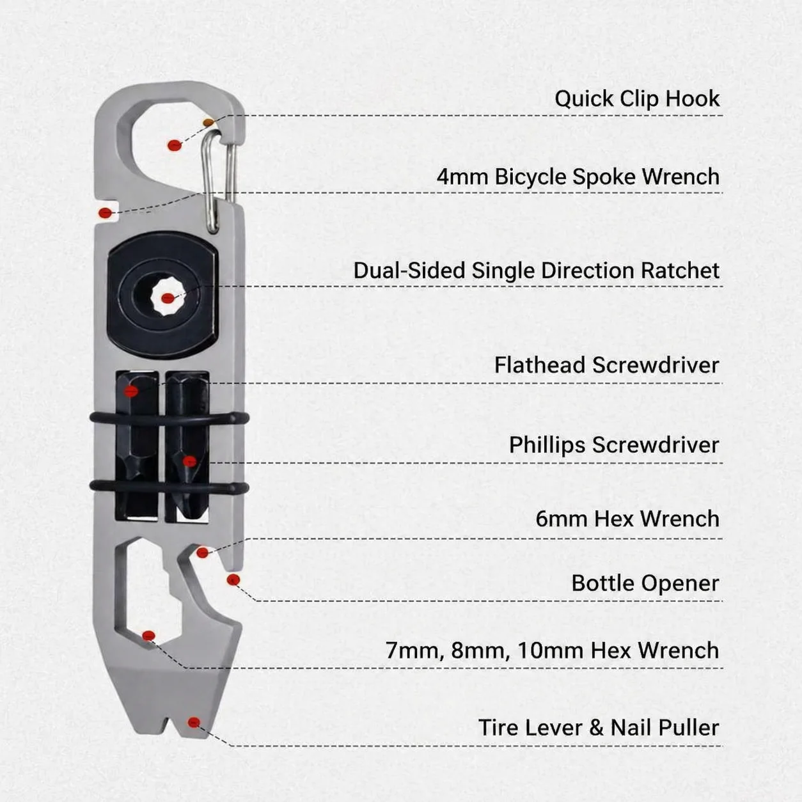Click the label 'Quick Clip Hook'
[x=637, y=99]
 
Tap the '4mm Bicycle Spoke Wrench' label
[x=578, y=177]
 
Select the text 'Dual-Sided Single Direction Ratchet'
[x=537, y=271]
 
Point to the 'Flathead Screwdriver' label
[x=607, y=365]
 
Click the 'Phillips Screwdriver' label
[x=615, y=445]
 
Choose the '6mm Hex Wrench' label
[x=627, y=519]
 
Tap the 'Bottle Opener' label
[x=645, y=583]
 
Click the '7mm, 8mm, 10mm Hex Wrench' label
[x=553, y=650]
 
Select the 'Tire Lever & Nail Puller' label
[x=599, y=728]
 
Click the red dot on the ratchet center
[x=168, y=298]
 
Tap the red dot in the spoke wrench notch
[x=106, y=213]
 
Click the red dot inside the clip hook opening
[x=175, y=145]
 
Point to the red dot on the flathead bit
[x=131, y=391]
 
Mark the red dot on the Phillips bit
[x=190, y=461]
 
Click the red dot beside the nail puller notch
[x=194, y=723]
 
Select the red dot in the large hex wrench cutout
[x=148, y=636]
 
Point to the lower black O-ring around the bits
[x=169, y=487]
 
